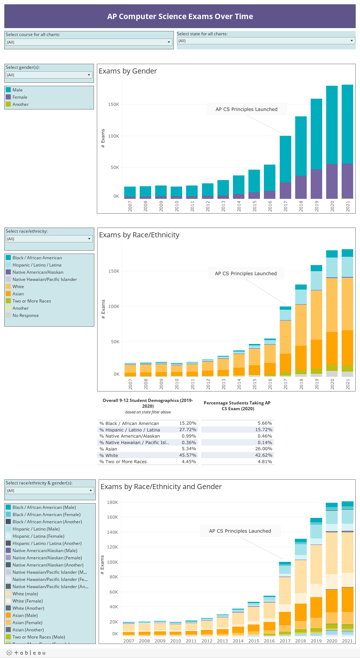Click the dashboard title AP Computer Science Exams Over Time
coord(180,17)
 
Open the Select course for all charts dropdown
coord(89,42)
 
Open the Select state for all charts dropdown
coord(266,41)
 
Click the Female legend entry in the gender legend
coord(20,97)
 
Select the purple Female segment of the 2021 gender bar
coord(347,181)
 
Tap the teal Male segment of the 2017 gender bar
coord(285,159)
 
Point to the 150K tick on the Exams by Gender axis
coord(113,104)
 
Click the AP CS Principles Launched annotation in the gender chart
coord(247,109)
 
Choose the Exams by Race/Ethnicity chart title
coord(139,235)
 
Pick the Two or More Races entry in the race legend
coord(32,301)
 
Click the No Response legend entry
coord(26,315)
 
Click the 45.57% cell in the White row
coord(188,455)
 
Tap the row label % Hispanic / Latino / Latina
coord(130,430)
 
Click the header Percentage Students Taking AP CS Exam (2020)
coord(237,406)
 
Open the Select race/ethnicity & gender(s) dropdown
coord(50,491)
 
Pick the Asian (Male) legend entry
coord(25,616)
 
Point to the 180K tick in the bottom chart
coord(112,502)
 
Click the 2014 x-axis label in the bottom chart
coord(238,641)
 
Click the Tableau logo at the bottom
coord(26,653)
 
